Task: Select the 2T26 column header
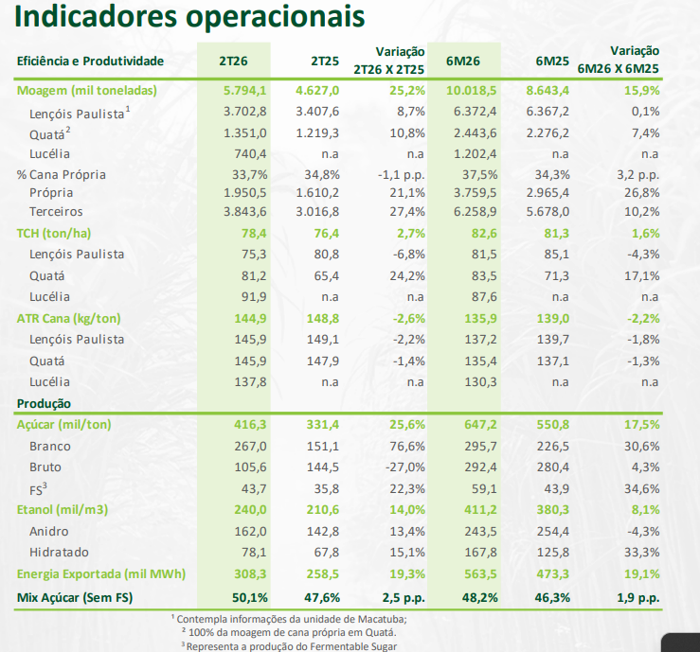coord(234,62)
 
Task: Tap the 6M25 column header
coord(551,62)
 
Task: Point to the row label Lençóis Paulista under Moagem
coord(78,112)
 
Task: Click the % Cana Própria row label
coord(61,174)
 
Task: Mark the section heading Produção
coord(45,404)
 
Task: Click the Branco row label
coord(50,447)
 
